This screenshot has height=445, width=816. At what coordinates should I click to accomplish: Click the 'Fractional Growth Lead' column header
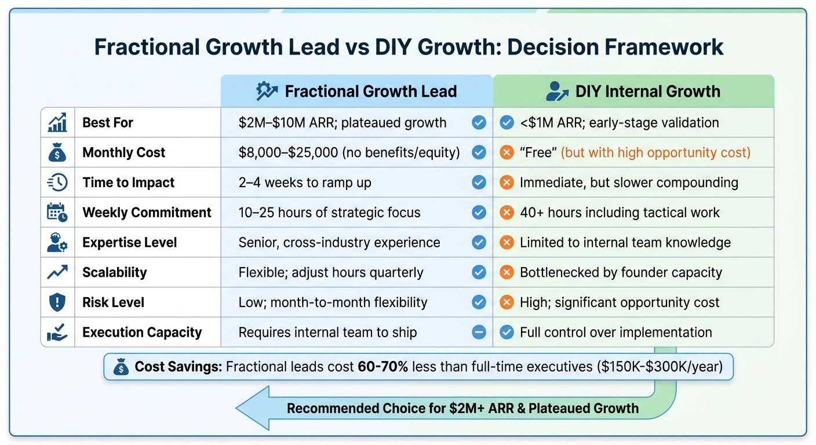click(357, 92)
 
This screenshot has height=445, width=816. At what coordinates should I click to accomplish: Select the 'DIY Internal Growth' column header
click(633, 92)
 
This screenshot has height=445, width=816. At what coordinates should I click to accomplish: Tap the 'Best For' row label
click(108, 123)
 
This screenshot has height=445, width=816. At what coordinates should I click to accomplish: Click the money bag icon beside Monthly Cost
click(57, 152)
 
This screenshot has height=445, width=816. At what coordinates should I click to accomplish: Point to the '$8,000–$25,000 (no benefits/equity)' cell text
click(349, 152)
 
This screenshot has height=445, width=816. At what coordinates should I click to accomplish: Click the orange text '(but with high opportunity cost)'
click(655, 152)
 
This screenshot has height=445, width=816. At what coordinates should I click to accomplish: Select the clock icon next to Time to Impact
click(57, 183)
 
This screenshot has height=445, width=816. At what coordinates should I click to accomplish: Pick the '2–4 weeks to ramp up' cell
click(305, 183)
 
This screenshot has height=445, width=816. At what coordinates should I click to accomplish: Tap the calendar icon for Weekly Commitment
click(57, 213)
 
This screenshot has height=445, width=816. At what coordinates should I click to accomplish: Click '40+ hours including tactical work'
click(620, 213)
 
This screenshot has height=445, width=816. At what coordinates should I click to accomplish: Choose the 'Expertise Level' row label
click(130, 243)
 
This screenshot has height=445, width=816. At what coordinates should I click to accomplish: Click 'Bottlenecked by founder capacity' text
click(621, 272)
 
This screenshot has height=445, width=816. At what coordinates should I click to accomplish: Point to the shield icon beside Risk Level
click(57, 302)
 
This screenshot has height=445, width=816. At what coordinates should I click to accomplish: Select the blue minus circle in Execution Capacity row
click(479, 332)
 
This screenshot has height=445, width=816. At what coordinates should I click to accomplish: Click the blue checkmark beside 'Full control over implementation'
click(507, 332)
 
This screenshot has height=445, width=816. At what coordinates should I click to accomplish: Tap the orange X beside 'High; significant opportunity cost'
click(507, 302)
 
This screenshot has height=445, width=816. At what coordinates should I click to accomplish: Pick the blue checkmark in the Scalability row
click(479, 272)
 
